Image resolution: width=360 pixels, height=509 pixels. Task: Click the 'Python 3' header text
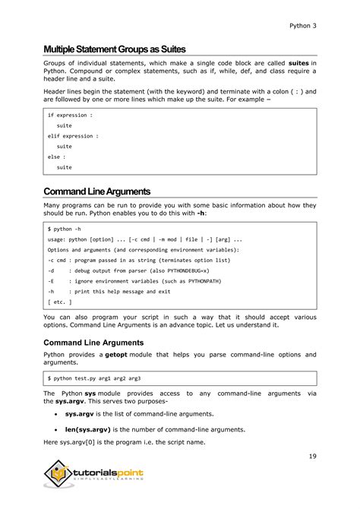tap(302, 25)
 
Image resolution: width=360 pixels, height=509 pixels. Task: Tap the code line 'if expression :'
tap(70, 115)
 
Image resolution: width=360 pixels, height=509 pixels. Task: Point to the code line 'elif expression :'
tap(73, 136)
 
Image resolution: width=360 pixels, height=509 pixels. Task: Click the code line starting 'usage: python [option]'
tap(144, 239)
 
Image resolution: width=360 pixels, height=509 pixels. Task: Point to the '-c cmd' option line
tap(123, 260)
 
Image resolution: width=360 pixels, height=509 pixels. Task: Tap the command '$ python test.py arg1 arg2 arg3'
tap(93, 378)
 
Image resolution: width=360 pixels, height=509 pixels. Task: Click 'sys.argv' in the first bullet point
tap(81, 414)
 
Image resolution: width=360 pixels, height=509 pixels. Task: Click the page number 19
tap(312, 456)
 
